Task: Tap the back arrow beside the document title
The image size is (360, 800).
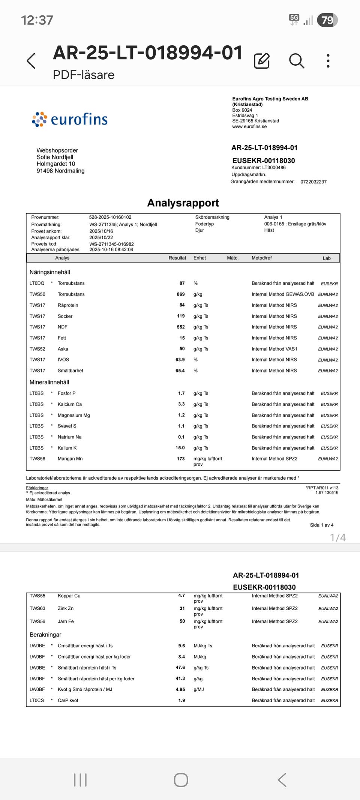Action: tap(31, 61)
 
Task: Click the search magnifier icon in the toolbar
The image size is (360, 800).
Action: tap(296, 61)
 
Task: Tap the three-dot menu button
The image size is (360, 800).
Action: tap(328, 61)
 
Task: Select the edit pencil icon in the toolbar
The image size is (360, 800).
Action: tap(262, 61)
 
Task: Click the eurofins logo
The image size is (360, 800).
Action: tap(70, 119)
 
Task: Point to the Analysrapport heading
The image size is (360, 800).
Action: tap(183, 203)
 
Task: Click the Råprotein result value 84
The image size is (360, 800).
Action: tap(182, 305)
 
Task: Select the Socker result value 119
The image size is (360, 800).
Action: tap(181, 316)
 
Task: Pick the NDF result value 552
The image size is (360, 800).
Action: tap(181, 327)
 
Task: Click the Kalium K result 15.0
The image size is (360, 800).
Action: tap(180, 448)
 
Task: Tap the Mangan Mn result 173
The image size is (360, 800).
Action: tap(181, 459)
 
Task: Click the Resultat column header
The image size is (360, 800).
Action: tap(177, 258)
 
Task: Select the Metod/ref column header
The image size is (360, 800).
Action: tap(262, 258)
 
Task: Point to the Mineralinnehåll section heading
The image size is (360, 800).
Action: tap(49, 382)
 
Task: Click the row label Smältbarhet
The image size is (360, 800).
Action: tap(70, 371)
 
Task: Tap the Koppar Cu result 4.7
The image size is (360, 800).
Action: tap(181, 596)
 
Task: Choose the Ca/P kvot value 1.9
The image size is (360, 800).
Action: tap(181, 700)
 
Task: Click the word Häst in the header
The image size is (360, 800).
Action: tap(269, 230)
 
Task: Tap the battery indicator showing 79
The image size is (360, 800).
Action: tap(327, 20)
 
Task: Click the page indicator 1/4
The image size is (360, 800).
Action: tap(338, 538)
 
